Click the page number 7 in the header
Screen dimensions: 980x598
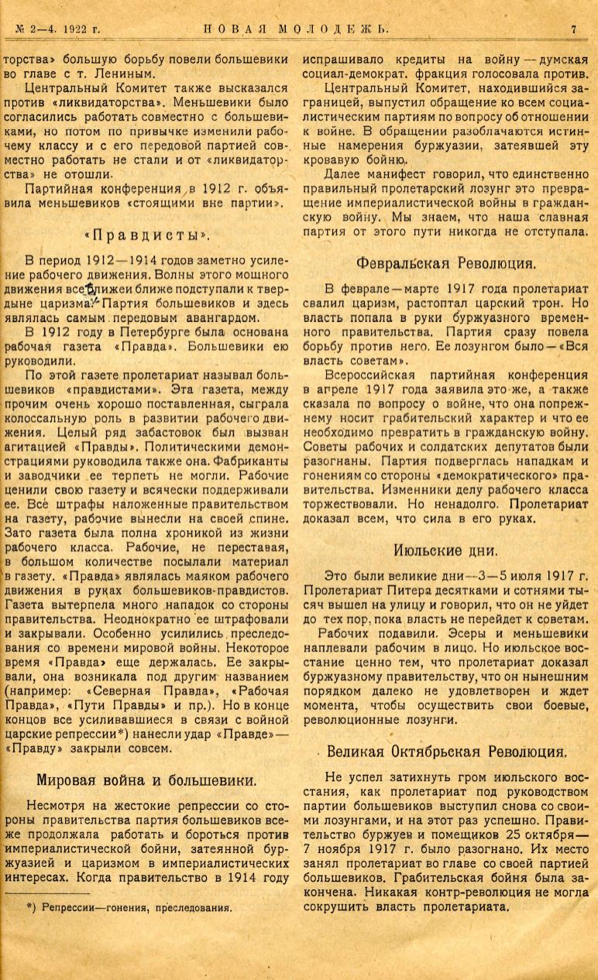(574, 29)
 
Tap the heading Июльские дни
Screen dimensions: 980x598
(445, 550)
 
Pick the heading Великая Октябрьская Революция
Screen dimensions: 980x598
(448, 750)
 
